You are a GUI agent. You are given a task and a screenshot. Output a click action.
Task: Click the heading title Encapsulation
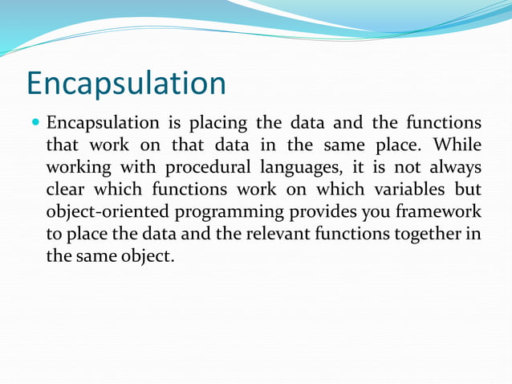point(126,83)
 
